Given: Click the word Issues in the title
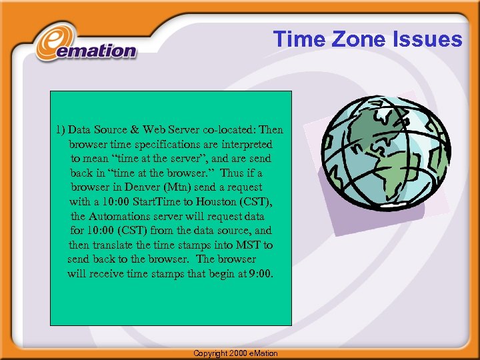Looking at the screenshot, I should [x=430, y=39].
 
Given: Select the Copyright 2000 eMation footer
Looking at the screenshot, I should [x=235, y=353].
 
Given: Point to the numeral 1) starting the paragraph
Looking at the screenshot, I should [x=61, y=129].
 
